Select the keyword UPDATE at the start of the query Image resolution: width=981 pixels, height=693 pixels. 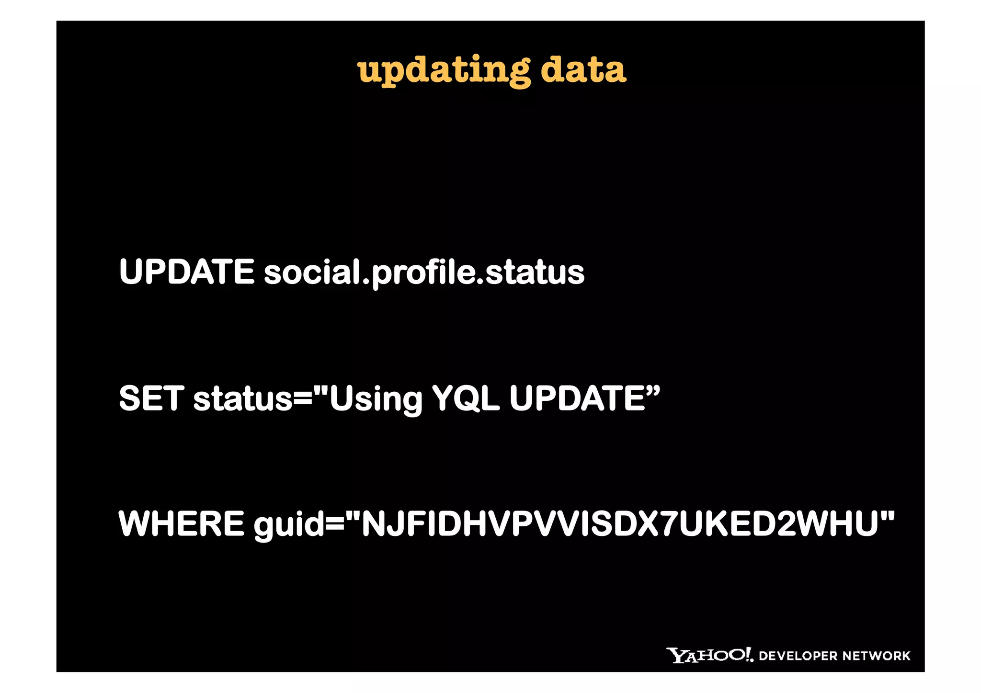click(x=186, y=272)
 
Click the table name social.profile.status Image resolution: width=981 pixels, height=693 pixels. click(x=424, y=273)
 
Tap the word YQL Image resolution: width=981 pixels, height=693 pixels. click(x=466, y=398)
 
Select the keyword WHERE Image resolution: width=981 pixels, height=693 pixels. click(x=181, y=523)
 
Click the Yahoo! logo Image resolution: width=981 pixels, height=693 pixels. click(x=709, y=655)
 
